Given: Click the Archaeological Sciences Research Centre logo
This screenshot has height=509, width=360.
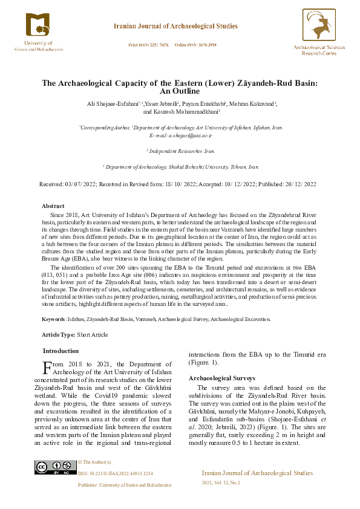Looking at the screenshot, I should click(x=319, y=27).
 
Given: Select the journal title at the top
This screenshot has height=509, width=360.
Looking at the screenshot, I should click(x=175, y=26).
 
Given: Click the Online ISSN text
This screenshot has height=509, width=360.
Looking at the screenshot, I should click(x=195, y=45).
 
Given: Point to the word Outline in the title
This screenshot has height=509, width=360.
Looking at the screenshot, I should click(x=179, y=91).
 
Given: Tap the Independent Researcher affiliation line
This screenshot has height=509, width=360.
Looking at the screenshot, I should click(x=180, y=151).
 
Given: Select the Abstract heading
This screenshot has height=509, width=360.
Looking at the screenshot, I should click(x=53, y=206).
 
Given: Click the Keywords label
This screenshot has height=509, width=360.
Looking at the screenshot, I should click(x=53, y=319).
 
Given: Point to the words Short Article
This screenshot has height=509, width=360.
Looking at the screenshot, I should click(x=90, y=334).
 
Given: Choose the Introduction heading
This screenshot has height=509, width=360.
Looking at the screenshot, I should click(x=61, y=351).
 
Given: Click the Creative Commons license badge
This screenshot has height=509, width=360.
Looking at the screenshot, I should click(x=56, y=467).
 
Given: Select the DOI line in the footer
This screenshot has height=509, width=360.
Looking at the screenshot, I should click(x=116, y=473).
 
